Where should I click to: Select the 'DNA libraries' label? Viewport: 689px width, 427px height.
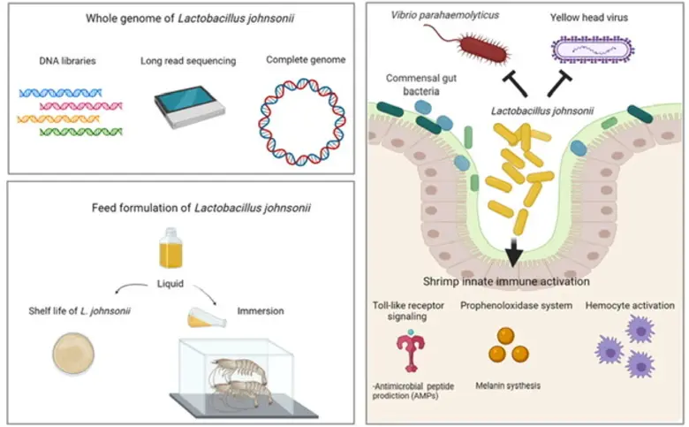[x=69, y=60]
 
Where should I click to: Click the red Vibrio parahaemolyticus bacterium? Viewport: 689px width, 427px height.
[x=462, y=40]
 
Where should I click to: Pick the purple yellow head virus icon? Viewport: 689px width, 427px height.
[x=589, y=49]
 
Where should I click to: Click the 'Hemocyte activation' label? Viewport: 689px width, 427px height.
[x=627, y=306]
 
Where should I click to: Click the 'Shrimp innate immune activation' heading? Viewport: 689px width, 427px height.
[x=515, y=280]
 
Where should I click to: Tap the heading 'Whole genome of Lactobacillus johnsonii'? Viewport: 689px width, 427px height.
[x=183, y=19]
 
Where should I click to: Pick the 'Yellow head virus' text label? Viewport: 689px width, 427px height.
[x=594, y=15]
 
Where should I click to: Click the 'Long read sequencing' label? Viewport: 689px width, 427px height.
[x=184, y=60]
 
